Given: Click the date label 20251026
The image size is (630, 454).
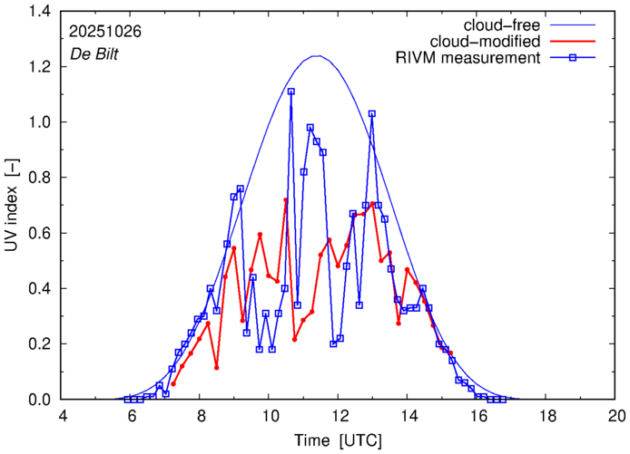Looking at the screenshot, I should pyautogui.click(x=104, y=30).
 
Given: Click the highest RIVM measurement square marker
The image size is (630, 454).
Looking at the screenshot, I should pyautogui.click(x=291, y=92).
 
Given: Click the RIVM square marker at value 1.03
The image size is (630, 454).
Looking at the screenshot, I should pyautogui.click(x=372, y=114).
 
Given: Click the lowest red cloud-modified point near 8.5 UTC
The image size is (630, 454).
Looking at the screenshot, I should pyautogui.click(x=216, y=367).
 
